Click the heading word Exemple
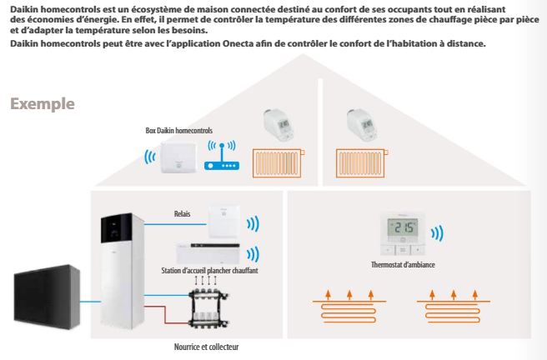click(x=43, y=104)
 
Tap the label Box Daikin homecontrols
click(x=179, y=131)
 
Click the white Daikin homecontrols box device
click(x=178, y=157)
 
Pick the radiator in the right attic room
click(x=362, y=163)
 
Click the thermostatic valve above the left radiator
click(x=278, y=125)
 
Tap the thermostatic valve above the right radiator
click(x=362, y=125)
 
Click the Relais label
click(x=182, y=213)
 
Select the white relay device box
click(x=224, y=222)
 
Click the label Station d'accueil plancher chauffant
click(x=209, y=271)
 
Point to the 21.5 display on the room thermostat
click(x=403, y=228)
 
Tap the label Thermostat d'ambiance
click(x=403, y=265)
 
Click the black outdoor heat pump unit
click(x=47, y=297)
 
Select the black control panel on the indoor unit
click(x=117, y=228)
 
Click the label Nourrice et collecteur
click(x=207, y=347)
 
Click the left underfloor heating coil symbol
click(x=349, y=307)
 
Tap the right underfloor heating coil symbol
click(x=453, y=307)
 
